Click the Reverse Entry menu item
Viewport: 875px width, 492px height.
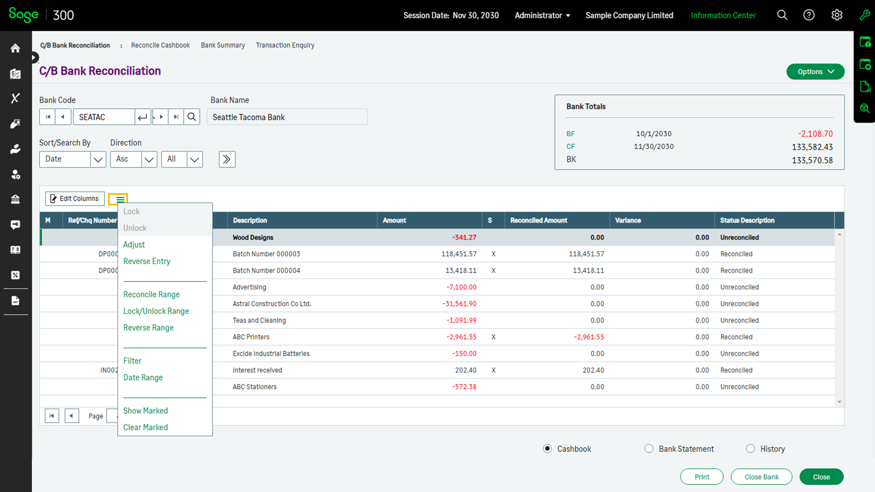[x=146, y=261]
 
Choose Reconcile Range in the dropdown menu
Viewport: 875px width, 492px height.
[x=151, y=294]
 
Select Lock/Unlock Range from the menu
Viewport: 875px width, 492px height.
[x=156, y=311]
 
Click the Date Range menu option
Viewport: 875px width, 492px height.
[x=143, y=377]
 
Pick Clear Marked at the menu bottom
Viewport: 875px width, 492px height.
[x=145, y=427]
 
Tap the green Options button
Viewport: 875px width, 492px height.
[x=815, y=72]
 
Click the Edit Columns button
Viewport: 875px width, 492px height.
[x=75, y=199]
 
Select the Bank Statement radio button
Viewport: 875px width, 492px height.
[x=649, y=449]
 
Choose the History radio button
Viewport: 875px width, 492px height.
[x=750, y=449]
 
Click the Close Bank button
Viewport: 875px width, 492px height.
[x=761, y=477]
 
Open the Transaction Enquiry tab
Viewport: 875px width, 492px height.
[x=285, y=45]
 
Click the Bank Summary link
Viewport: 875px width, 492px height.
[x=223, y=45]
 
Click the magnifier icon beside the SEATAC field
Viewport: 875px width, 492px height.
[x=192, y=117]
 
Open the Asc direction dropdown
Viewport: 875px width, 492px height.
[x=149, y=159]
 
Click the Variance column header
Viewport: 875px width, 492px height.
[x=628, y=220]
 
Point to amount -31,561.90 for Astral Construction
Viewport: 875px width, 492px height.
[x=459, y=304]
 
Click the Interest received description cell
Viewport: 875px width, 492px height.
[x=257, y=370]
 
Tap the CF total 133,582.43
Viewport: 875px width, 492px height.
[x=812, y=147]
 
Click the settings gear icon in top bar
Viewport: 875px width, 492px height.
[x=837, y=15]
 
